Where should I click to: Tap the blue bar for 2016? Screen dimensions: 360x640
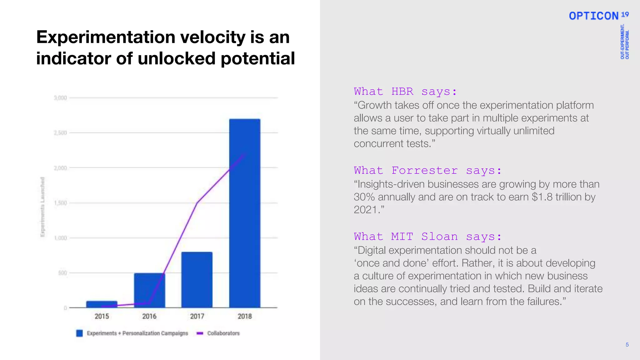(149, 290)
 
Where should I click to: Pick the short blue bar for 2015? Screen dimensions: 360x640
(102, 304)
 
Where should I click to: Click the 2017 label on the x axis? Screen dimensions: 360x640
(197, 316)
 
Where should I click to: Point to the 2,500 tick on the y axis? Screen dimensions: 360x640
(61, 133)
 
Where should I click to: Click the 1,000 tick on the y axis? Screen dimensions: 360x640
(61, 238)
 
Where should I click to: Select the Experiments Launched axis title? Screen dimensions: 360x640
(43, 207)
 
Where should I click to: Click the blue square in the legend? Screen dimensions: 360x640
(80, 333)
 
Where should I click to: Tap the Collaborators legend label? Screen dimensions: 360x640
(223, 333)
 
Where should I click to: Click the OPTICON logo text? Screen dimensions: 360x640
(593, 16)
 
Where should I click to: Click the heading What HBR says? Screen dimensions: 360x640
(405, 91)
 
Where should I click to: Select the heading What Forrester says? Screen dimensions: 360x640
(427, 170)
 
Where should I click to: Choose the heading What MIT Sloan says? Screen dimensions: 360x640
(427, 236)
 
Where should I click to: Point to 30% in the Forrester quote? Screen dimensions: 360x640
(364, 197)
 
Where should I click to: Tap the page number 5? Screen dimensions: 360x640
(627, 345)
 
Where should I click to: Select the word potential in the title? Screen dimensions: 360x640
(257, 58)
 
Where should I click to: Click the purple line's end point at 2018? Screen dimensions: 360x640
(245, 153)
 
